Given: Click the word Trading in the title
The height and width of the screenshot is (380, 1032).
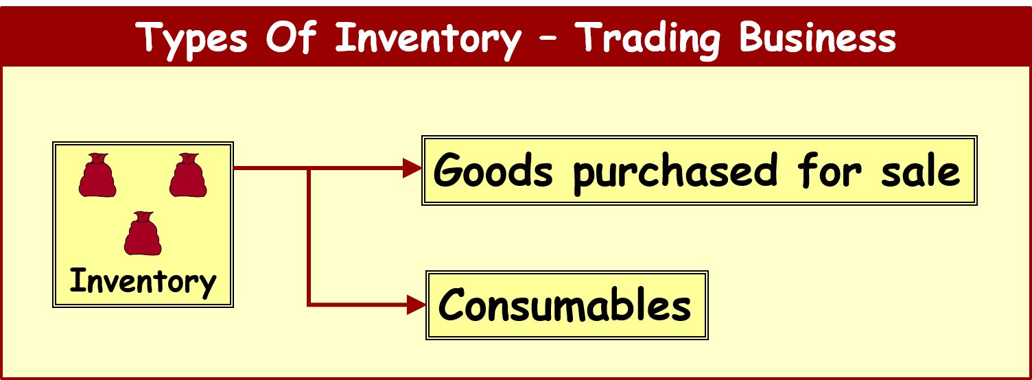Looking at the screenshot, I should (x=647, y=37).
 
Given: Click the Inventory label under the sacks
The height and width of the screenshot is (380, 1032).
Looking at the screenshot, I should (x=143, y=281).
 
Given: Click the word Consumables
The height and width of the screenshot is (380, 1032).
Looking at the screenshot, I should (x=565, y=305).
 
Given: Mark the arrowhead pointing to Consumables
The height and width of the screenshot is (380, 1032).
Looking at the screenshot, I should (x=416, y=304).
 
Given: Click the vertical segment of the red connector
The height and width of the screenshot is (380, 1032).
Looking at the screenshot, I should (x=309, y=237).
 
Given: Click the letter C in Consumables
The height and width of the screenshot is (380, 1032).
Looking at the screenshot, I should (x=454, y=305).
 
